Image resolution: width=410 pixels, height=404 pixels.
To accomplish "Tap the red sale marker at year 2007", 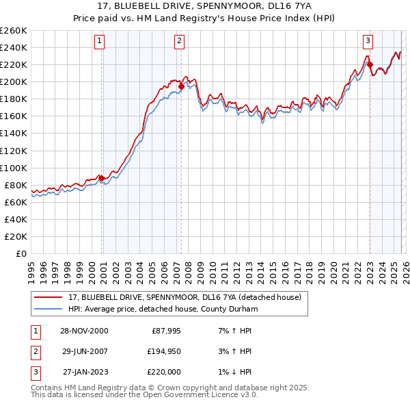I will pos(182,86).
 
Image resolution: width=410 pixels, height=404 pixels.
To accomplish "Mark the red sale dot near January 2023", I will pos(370,65).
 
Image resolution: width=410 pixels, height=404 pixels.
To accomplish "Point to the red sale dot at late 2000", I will pos(102,178).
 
